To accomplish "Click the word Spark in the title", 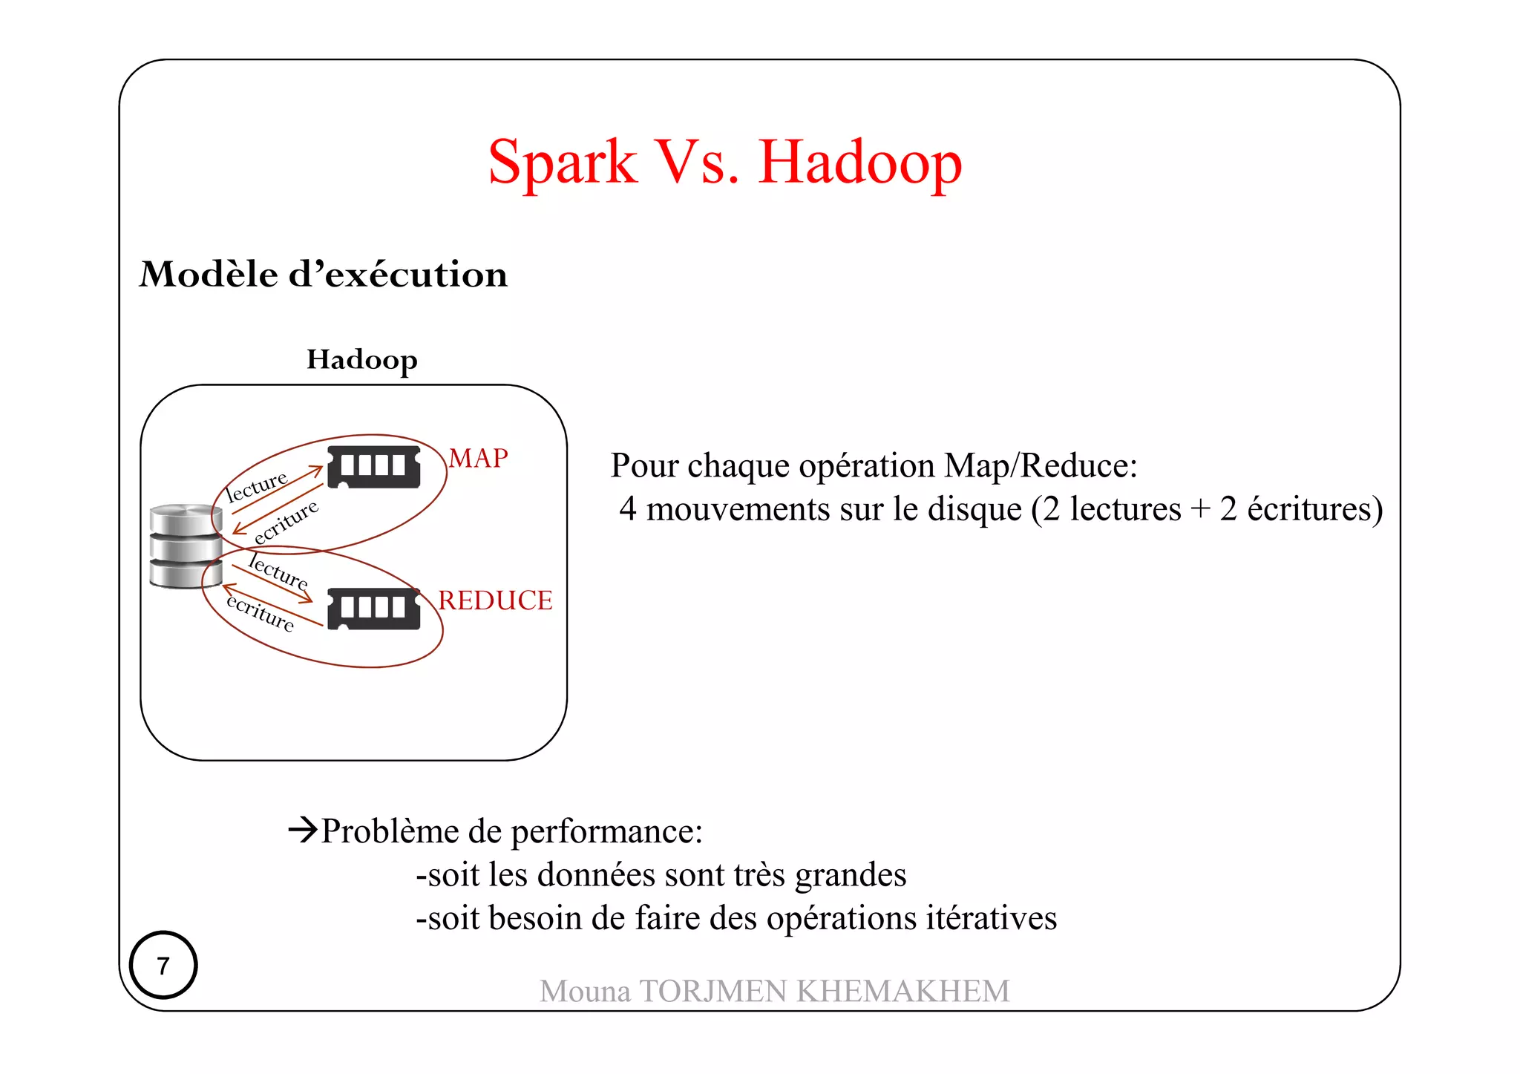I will (x=562, y=163).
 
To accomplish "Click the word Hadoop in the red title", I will (x=860, y=163).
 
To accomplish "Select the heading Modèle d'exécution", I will (x=324, y=275).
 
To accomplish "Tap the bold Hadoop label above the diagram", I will (x=362, y=360).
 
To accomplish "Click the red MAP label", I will (x=479, y=458).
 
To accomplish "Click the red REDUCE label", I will (x=495, y=600).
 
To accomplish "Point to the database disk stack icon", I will (x=186, y=546).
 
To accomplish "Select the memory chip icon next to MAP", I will (x=374, y=467).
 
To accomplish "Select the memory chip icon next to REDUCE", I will (x=374, y=609).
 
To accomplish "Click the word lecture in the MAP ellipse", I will (x=257, y=487).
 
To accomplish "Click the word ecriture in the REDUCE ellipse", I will (x=261, y=613).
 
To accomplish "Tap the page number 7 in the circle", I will (x=163, y=965).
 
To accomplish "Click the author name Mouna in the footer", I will (x=585, y=992).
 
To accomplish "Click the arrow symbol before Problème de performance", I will (x=303, y=829).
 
